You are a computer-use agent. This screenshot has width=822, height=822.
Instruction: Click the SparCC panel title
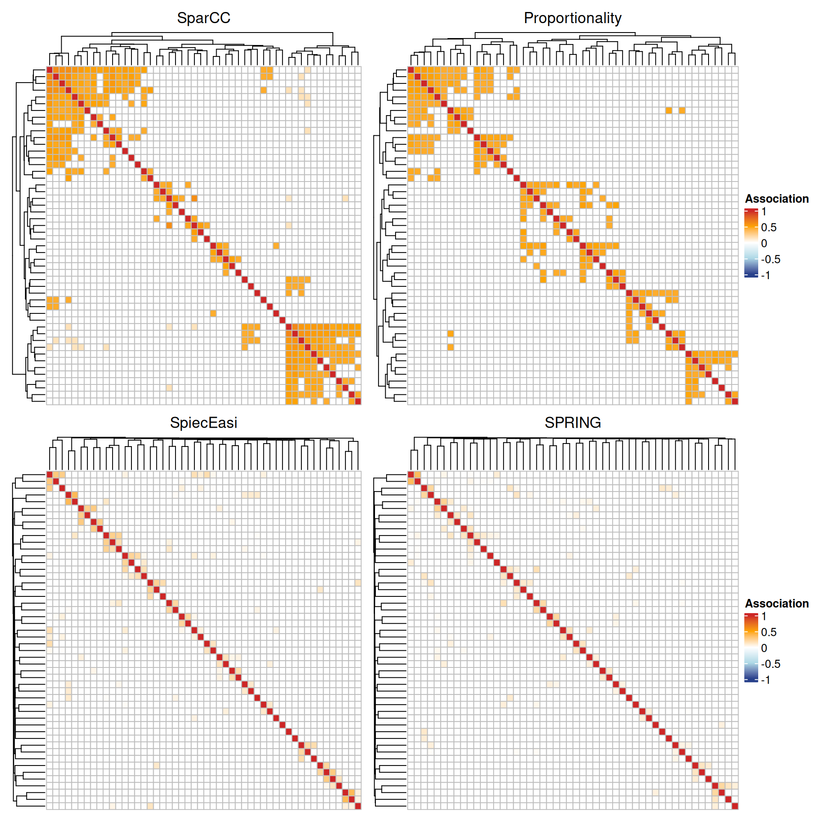(x=203, y=18)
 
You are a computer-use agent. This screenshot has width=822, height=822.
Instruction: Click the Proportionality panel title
(x=572, y=18)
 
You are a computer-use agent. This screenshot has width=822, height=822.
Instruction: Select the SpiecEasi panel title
(x=203, y=423)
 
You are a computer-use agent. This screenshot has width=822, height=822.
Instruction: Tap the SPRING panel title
(x=572, y=423)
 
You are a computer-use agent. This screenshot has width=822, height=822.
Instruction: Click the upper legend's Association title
(x=777, y=199)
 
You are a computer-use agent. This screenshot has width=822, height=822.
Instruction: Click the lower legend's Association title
(x=777, y=603)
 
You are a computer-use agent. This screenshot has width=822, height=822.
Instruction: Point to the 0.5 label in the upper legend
(x=768, y=227)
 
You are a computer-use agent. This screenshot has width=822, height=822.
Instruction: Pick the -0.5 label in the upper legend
(x=770, y=259)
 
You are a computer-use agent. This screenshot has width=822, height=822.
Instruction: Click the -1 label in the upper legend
(x=765, y=275)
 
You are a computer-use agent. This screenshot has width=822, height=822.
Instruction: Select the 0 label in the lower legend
(x=764, y=648)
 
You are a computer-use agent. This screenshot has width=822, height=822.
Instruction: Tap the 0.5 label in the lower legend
(x=768, y=632)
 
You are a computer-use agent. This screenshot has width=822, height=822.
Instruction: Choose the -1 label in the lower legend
(x=765, y=679)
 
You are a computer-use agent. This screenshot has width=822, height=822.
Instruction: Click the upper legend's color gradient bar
(x=751, y=243)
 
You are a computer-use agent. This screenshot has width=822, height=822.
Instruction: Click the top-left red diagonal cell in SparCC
(x=50, y=70)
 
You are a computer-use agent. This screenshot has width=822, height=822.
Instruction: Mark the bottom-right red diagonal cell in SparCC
(x=358, y=401)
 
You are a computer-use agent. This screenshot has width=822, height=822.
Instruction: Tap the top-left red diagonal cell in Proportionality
(x=411, y=70)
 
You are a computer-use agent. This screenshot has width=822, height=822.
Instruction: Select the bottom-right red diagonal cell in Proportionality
(x=735, y=401)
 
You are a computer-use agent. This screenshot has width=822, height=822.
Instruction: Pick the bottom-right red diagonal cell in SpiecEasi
(x=358, y=806)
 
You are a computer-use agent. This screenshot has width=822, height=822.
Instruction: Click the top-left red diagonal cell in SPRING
(x=411, y=474)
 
